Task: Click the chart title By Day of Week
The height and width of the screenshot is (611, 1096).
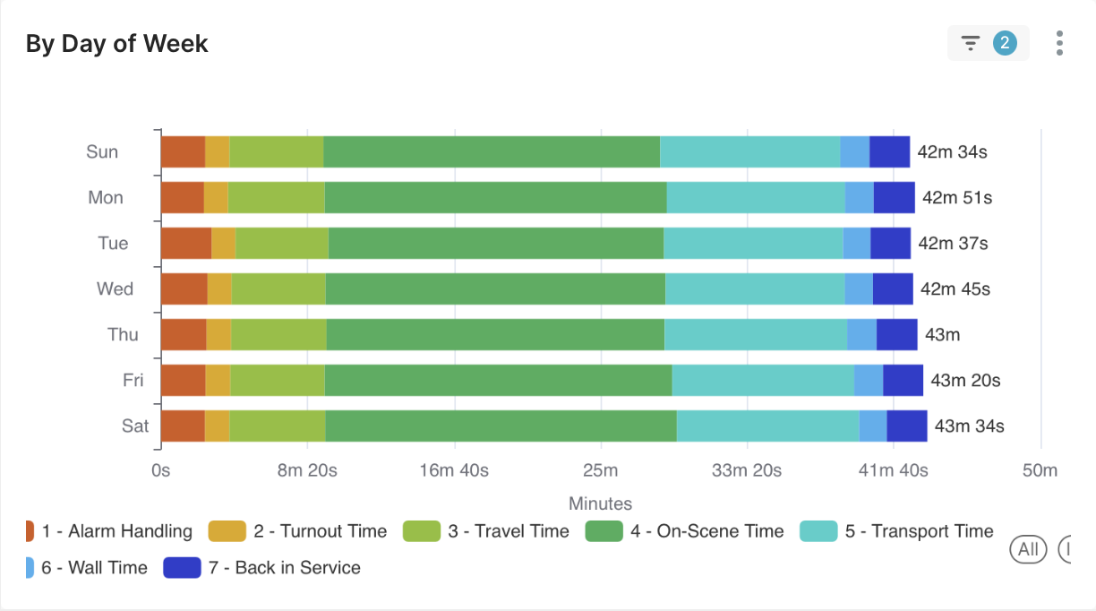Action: coord(116,43)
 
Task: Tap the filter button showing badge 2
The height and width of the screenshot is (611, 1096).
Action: coord(988,43)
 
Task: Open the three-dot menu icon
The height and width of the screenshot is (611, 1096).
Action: coord(1059,43)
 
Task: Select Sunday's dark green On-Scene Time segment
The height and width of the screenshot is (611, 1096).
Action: coord(492,152)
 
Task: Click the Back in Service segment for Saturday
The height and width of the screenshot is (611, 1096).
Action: coord(906,426)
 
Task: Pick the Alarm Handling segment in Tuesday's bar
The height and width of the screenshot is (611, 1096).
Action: coord(185,244)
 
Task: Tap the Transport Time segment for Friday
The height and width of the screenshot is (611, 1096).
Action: coord(763,380)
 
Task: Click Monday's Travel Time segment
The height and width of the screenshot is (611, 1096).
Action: coord(276,198)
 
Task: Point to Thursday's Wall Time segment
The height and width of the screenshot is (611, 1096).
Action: coord(861,334)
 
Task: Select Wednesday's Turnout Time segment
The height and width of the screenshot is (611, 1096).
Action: coord(219,289)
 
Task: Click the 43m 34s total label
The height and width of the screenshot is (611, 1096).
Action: coord(969,426)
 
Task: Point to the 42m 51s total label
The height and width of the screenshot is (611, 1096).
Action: coord(956,198)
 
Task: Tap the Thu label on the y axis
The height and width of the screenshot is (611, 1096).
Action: coord(123,334)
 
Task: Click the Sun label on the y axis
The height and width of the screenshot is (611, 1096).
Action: coord(102,152)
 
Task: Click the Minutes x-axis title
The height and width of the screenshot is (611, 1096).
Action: coord(600,503)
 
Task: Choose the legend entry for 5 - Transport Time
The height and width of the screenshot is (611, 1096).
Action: coord(895,531)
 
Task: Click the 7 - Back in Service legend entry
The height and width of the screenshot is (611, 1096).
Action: coord(261,568)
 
